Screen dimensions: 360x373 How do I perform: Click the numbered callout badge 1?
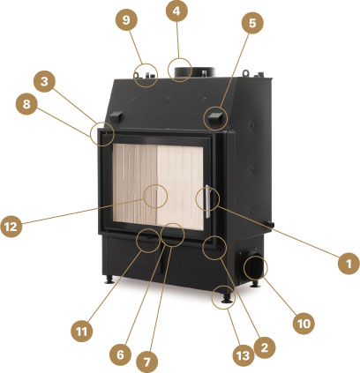coord(349,264)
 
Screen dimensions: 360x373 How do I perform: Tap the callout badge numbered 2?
coord(265,347)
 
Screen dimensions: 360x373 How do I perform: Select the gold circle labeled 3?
coord(44,81)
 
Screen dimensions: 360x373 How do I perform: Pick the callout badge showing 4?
coord(176,11)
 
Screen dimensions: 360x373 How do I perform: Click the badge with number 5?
coord(252,23)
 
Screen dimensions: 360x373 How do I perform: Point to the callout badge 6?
coord(120,354)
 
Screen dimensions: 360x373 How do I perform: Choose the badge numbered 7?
coord(147,362)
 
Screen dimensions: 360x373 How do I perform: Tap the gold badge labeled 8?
coord(26,103)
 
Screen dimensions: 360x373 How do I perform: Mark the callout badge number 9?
coord(126,19)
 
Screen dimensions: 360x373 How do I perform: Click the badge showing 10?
coord(304,324)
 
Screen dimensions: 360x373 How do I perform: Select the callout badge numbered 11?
coord(82,332)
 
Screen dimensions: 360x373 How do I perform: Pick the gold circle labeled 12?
coord(11,227)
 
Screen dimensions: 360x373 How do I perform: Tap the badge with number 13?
coord(244,356)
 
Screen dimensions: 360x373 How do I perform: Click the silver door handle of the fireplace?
coord(207,202)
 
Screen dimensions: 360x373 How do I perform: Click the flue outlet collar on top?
coord(195,72)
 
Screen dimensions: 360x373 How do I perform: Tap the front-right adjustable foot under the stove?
coord(226,298)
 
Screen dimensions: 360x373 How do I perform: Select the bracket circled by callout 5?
coord(216,117)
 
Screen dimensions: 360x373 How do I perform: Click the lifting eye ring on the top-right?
coord(245,71)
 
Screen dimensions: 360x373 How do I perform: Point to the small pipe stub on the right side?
coord(270,224)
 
